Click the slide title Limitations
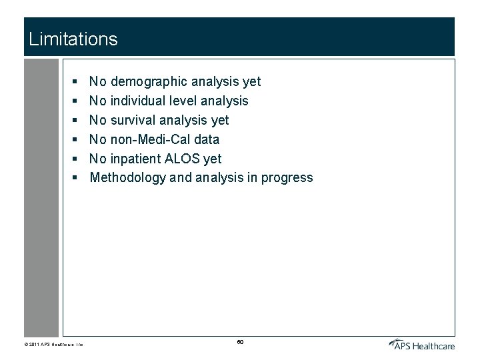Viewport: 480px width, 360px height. pos(73,39)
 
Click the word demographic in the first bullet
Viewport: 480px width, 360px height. pos(149,82)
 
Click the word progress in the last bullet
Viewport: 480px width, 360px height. pos(287,178)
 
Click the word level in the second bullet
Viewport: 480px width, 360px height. pos(189,101)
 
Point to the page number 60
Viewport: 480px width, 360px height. pos(240,342)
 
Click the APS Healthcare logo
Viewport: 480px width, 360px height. pos(422,344)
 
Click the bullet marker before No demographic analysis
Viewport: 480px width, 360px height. pos(76,82)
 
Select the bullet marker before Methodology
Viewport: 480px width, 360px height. pos(76,178)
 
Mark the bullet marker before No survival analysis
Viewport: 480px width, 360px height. pos(76,121)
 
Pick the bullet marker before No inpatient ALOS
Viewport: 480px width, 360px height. pos(76,159)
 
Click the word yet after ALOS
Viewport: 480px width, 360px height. pos(213,159)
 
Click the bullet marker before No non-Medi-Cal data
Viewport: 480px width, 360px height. pos(76,140)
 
